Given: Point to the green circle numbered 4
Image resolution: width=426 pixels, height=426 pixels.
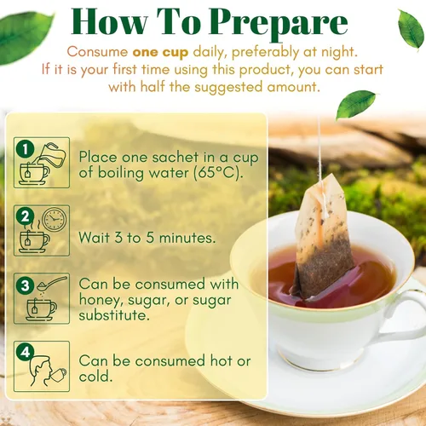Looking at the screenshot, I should tap(26, 349).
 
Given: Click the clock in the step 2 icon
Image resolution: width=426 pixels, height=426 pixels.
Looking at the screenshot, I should tap(54, 221).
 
